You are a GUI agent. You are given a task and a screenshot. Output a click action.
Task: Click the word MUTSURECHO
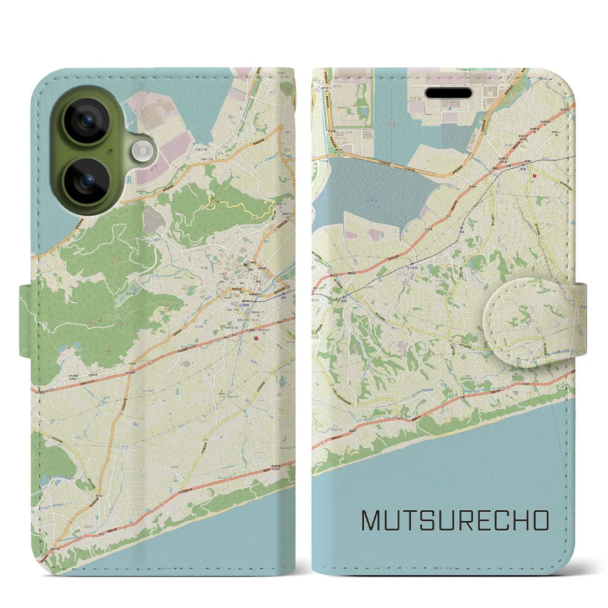[x=455, y=521]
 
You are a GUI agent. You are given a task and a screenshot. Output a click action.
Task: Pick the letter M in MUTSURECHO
[x=372, y=521]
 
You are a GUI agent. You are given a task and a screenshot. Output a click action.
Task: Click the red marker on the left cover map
[x=256, y=333]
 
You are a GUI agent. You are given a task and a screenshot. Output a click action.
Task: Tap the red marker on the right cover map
[x=534, y=176]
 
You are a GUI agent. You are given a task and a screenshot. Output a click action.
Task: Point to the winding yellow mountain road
[x=238, y=207]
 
